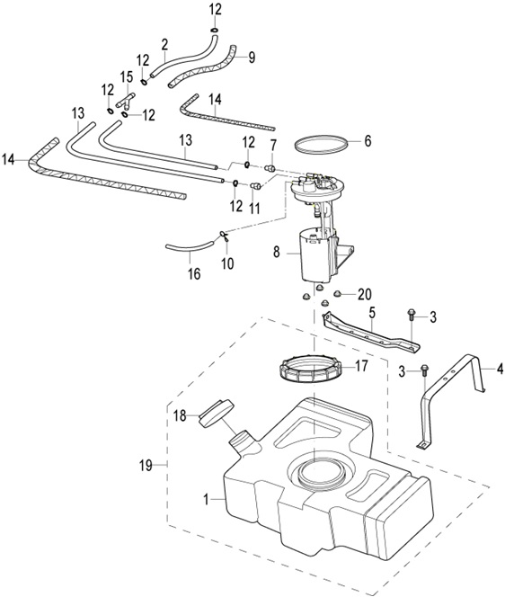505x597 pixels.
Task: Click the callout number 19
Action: click(x=146, y=465)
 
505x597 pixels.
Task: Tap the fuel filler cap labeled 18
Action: click(x=216, y=414)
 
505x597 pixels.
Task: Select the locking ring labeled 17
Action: click(x=310, y=368)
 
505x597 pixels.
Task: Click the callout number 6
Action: click(x=368, y=141)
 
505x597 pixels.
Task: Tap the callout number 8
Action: click(x=276, y=252)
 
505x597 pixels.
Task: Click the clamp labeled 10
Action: click(x=224, y=236)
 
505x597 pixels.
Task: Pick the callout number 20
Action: click(x=365, y=294)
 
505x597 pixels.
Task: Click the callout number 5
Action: click(x=372, y=313)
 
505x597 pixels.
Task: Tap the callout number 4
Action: click(x=500, y=369)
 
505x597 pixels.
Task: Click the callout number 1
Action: click(x=206, y=499)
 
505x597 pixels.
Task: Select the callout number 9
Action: click(x=252, y=58)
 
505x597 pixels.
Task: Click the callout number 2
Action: click(x=164, y=45)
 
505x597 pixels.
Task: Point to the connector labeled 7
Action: click(x=270, y=168)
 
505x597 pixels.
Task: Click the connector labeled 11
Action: click(x=255, y=186)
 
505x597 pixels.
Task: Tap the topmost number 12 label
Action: click(x=215, y=10)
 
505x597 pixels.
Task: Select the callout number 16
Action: click(x=194, y=273)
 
